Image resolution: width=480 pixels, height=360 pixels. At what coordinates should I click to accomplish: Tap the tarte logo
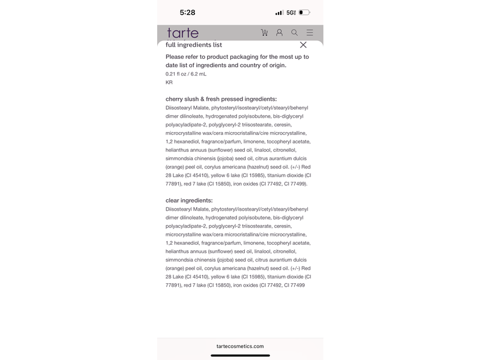coord(182,33)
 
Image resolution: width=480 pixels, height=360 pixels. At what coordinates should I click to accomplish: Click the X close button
coord(303,45)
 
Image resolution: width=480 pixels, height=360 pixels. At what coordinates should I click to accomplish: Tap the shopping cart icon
coord(265,33)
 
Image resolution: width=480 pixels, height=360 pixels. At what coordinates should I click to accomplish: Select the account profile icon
coord(280,33)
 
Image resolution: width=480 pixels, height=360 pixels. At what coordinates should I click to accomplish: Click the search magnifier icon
coord(295,33)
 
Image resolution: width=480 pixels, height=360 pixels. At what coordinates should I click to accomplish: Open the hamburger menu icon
coord(310,33)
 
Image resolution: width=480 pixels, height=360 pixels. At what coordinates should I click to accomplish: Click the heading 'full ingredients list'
coord(194,45)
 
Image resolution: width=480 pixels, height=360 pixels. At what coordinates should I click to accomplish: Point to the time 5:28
coord(187,13)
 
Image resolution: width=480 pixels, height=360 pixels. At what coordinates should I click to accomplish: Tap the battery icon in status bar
coord(304,13)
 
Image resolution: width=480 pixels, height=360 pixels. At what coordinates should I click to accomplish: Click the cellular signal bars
coord(279,13)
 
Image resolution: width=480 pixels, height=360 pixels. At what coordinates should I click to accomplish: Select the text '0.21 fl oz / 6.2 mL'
coord(186,74)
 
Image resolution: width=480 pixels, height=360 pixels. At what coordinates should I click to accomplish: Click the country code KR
coord(169,82)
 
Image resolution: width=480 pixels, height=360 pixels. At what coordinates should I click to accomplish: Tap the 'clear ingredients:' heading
coord(189,200)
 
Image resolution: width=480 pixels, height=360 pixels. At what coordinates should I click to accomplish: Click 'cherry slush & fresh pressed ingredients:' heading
coord(221,98)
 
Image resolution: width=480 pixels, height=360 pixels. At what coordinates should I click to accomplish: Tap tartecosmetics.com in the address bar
coord(240,346)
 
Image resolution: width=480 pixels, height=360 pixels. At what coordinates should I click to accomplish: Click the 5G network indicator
coord(291,13)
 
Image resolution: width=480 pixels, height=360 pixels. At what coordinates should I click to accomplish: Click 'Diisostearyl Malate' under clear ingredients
coord(187,209)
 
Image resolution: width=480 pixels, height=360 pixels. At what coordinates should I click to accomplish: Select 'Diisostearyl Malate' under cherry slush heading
coord(187,107)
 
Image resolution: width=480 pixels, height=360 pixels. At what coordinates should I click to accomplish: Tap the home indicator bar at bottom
coord(240,356)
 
